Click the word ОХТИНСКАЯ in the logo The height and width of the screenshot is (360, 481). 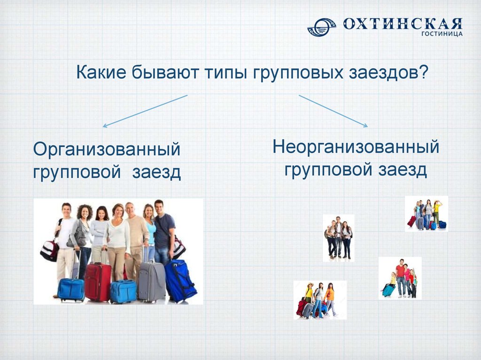pos(403,23)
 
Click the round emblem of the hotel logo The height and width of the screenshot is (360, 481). pos(321,27)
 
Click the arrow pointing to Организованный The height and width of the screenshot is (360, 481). pos(145,111)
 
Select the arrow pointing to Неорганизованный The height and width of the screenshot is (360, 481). pos(333,111)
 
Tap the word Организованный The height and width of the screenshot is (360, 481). pos(107,150)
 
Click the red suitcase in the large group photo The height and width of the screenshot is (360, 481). pos(98,281)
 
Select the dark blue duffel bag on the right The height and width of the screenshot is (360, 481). pos(180,280)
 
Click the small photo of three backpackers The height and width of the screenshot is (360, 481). pos(338,238)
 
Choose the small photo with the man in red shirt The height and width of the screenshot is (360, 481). pos(400,278)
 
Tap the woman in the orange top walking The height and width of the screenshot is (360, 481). pos(330,299)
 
